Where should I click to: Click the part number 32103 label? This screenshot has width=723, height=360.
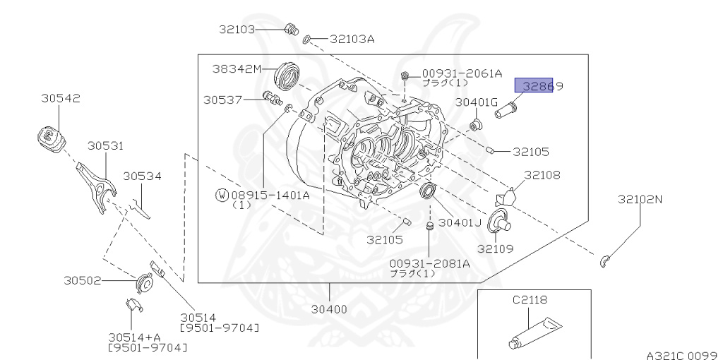click(236, 30)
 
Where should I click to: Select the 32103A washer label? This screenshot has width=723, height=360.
click(352, 40)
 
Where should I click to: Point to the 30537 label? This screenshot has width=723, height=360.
click(224, 100)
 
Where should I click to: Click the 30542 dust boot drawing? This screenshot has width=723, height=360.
click(50, 137)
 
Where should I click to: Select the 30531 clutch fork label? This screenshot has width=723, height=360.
click(105, 146)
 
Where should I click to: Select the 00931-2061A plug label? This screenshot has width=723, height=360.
click(462, 73)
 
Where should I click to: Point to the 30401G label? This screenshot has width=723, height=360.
click(477, 102)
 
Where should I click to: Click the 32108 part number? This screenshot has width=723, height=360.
click(542, 174)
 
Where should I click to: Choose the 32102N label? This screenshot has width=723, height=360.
click(640, 200)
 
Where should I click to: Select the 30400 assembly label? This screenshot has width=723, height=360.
click(329, 309)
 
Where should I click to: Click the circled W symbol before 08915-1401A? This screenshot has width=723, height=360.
click(221, 195)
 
